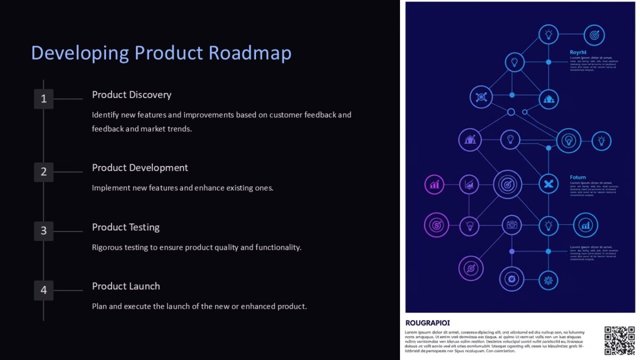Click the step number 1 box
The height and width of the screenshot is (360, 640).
click(x=44, y=99)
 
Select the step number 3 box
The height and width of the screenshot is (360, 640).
click(x=44, y=231)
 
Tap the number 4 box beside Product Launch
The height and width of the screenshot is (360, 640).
click(x=44, y=290)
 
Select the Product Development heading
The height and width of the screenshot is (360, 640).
click(x=140, y=168)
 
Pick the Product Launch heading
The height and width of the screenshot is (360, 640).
click(x=126, y=286)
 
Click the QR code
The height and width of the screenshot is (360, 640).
click(x=619, y=340)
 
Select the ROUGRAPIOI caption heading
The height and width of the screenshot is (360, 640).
click(x=427, y=323)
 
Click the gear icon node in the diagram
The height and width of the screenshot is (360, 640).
click(x=548, y=279)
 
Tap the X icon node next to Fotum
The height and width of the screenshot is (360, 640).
click(x=548, y=185)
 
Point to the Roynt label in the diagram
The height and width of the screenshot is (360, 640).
click(x=578, y=52)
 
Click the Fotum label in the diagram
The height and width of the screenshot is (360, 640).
click(x=578, y=177)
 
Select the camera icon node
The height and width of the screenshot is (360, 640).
click(x=512, y=225)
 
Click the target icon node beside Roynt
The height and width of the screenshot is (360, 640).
click(x=594, y=35)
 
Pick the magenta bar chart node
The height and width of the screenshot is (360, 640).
click(x=435, y=185)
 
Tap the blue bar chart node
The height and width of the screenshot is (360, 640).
click(x=586, y=225)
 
